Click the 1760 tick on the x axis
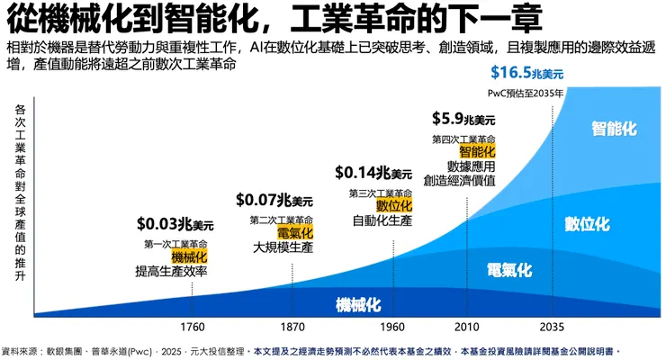[191, 326]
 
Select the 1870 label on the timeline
[292, 326]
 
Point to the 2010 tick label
[467, 326]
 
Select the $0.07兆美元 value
[274, 199]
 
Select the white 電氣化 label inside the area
[509, 269]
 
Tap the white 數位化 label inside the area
[588, 222]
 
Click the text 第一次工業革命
[176, 244]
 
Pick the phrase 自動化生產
[382, 220]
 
